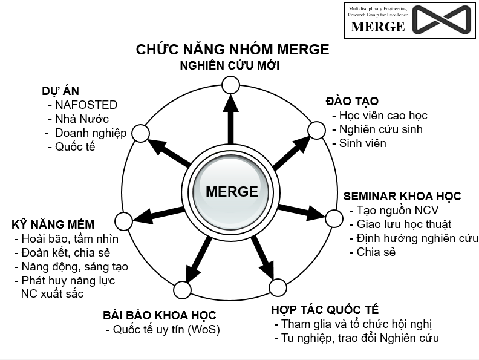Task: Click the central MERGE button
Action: (232, 192)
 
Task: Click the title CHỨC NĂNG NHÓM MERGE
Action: (233, 49)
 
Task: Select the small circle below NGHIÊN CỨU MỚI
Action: (230, 85)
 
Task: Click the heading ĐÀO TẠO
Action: (352, 101)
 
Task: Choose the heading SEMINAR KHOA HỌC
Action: (402, 196)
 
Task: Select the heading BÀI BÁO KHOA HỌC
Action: (159, 315)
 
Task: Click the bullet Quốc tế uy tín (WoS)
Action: (163, 330)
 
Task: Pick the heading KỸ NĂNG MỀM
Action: (53, 224)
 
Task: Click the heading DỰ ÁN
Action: (60, 91)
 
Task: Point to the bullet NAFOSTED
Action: (82, 105)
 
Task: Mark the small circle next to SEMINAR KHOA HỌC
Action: (334, 218)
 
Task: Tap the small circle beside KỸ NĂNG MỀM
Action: (123, 221)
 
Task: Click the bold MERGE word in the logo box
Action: (378, 27)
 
